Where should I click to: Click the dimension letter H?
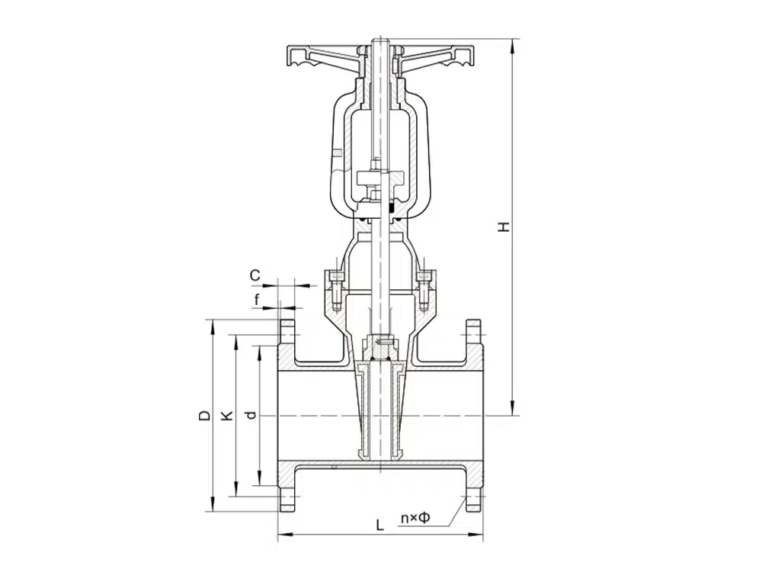point(505,227)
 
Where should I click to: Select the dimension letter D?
point(205,416)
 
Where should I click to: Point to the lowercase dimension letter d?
point(251,415)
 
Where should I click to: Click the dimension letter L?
point(380,525)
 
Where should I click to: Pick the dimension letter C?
point(255,275)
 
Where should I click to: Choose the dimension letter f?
point(257,300)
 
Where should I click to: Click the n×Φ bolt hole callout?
point(415,518)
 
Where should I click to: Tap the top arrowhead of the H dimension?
point(512,45)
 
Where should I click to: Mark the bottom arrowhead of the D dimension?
point(212,505)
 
